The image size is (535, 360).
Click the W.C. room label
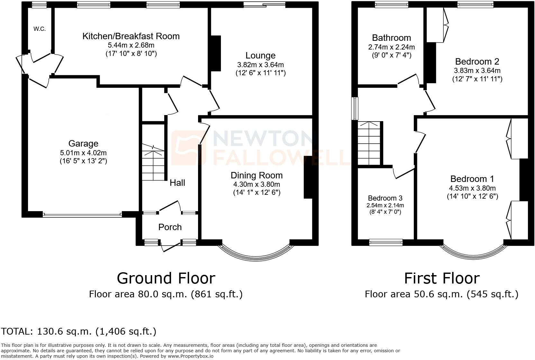click(40, 29)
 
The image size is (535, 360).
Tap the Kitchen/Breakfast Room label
click(131, 36)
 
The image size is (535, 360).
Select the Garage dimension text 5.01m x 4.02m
click(83, 153)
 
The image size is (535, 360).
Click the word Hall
click(177, 183)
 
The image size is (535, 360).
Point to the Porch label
click(170, 227)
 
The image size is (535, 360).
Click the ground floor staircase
click(154, 162)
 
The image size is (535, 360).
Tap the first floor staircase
click(370, 143)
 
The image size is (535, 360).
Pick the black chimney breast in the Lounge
click(216, 53)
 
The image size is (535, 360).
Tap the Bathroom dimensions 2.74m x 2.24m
click(391, 47)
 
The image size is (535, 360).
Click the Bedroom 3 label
click(385, 198)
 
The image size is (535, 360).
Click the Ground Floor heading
click(166, 278)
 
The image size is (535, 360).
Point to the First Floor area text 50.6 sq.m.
click(441, 294)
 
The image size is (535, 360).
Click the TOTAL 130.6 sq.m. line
click(79, 331)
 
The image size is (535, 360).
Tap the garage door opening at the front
click(82, 215)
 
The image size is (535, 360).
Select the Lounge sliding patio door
click(264, 4)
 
